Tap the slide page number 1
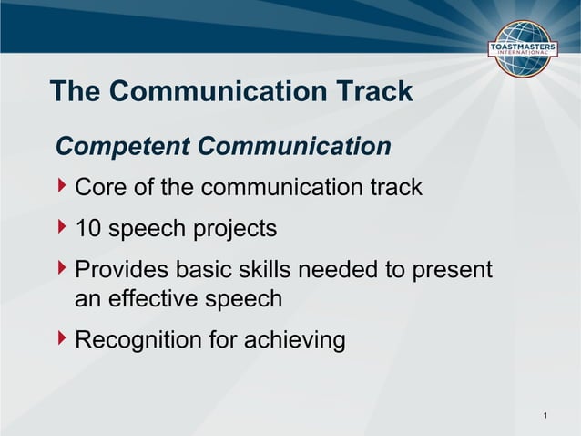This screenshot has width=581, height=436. (545, 417)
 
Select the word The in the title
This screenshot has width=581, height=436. (74, 91)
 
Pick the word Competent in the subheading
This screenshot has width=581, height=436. (123, 146)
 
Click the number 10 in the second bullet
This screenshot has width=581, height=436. (88, 228)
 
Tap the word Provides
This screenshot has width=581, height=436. (126, 270)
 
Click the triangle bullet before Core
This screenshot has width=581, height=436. (62, 187)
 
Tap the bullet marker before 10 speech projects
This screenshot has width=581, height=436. (62, 227)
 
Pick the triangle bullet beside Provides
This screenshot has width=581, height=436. (62, 269)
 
